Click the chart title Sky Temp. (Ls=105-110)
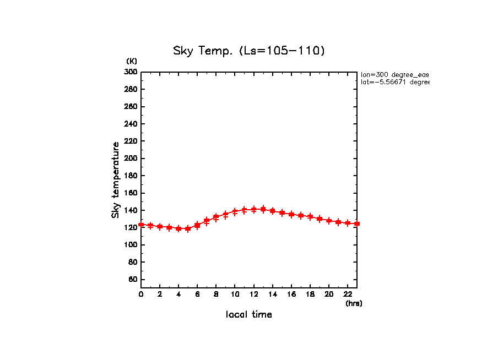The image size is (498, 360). click(x=249, y=51)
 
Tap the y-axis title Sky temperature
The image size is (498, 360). click(x=116, y=180)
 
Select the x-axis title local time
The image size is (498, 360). click(x=249, y=315)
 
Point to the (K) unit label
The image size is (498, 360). click(x=132, y=61)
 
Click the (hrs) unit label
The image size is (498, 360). click(x=354, y=303)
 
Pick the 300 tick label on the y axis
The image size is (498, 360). click(x=131, y=72)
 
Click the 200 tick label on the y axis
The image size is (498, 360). click(x=131, y=159)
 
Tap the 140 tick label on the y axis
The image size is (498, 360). click(x=131, y=210)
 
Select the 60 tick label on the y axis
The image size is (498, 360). click(x=133, y=280)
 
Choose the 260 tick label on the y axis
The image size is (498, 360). click(x=131, y=107)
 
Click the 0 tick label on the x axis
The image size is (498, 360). click(x=141, y=294)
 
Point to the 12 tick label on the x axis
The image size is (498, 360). click(x=253, y=294)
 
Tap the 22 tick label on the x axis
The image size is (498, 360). click(x=348, y=294)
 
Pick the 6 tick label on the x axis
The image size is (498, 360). click(x=197, y=294)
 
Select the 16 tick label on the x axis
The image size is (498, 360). click(x=291, y=294)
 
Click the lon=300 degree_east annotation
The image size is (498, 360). click(x=394, y=74)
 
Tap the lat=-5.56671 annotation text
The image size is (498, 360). click(x=394, y=82)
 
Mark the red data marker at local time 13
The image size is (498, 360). click(x=263, y=209)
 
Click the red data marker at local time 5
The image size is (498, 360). click(x=188, y=228)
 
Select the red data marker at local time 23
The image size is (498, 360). click(x=357, y=223)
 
